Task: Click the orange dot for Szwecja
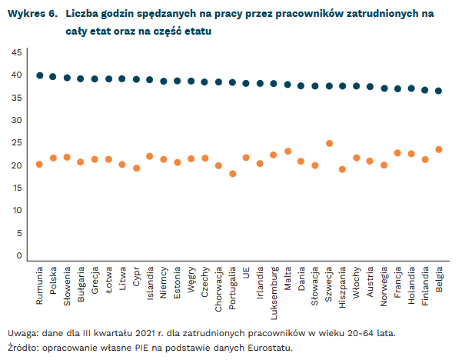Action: click(x=329, y=143)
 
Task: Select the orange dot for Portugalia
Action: click(x=232, y=174)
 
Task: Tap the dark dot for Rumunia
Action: click(x=39, y=75)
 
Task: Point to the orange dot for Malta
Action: click(x=288, y=152)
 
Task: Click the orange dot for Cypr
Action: click(x=136, y=168)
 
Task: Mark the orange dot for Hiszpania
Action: click(x=343, y=169)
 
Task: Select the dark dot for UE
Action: click(x=246, y=83)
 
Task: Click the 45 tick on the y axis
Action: click(x=16, y=52)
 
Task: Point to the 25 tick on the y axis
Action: click(x=16, y=143)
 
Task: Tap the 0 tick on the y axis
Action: click(x=19, y=256)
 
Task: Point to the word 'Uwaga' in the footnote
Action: click(x=22, y=332)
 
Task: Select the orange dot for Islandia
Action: click(x=150, y=156)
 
